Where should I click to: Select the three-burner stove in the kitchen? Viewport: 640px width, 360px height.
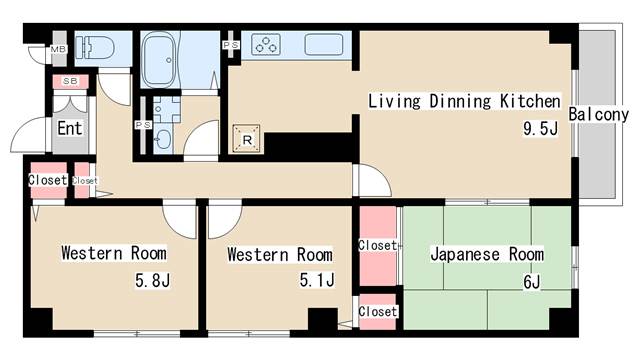tap(268, 44)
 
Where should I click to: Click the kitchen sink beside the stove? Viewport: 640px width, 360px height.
tap(324, 45)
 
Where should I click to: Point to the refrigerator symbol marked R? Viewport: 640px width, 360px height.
tap(246, 139)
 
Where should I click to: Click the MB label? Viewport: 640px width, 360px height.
tap(58, 48)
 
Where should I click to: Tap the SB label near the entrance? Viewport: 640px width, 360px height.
tap(70, 80)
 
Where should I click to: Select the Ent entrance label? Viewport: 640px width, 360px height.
tap(68, 128)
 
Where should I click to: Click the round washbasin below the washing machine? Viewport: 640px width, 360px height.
tap(163, 138)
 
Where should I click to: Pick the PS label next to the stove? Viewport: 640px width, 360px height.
tap(230, 46)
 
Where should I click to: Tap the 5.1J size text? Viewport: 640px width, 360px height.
tap(316, 281)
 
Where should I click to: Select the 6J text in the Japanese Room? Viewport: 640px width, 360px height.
tap(530, 281)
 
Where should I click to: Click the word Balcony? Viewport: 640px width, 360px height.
tap(598, 114)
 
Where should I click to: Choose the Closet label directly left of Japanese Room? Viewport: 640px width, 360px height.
tap(378, 245)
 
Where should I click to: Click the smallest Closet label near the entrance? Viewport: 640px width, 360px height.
tap(85, 181)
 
